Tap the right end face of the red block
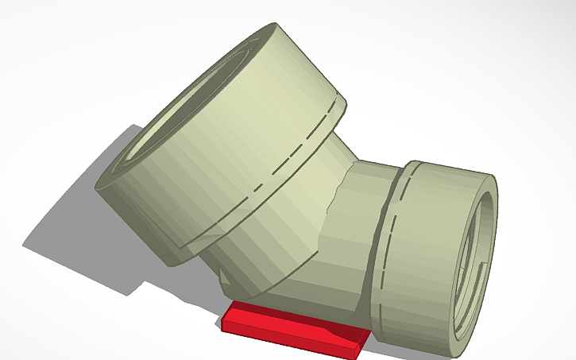(363, 341)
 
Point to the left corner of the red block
(223, 322)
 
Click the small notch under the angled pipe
(226, 280)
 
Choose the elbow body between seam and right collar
(361, 238)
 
